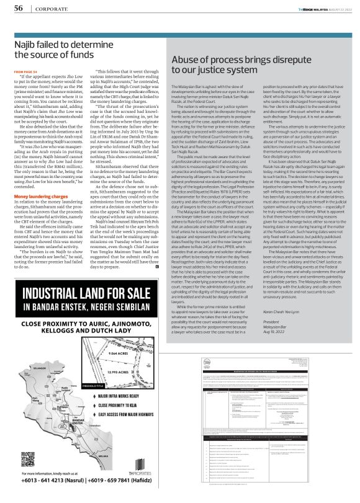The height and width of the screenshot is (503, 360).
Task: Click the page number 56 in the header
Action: click(x=19, y=7)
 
